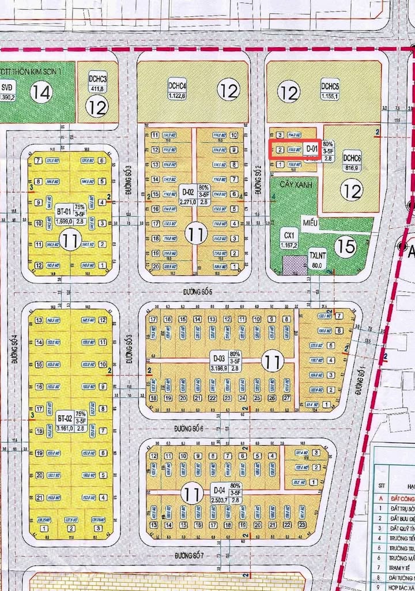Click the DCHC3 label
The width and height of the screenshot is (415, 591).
pos(97,79)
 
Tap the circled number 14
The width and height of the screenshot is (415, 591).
pos(41,92)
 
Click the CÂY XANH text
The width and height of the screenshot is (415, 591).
pos(291,184)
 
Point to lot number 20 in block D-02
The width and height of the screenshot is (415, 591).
pos(155,266)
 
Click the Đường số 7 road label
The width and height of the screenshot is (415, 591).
pos(191,555)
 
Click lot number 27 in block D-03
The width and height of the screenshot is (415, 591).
pos(286,398)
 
